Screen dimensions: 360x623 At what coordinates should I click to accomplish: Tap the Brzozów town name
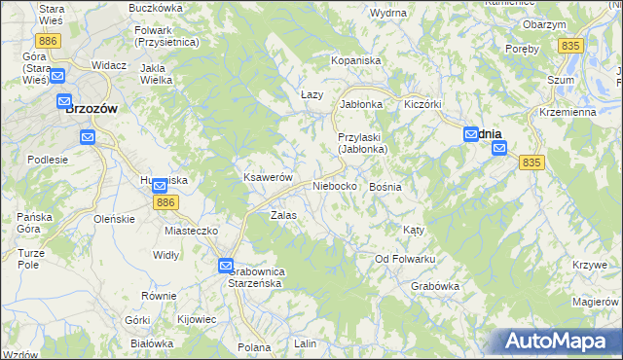tap(91, 110)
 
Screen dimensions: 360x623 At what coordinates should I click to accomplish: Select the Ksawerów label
tap(268, 178)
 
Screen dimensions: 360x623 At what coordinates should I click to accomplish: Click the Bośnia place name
tap(385, 185)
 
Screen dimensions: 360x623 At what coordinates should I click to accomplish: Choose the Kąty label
tap(414, 230)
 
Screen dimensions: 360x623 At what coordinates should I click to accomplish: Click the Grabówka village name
tap(434, 286)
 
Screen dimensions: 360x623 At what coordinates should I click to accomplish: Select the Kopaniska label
tap(355, 60)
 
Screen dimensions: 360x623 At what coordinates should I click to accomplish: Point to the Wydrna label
tap(388, 13)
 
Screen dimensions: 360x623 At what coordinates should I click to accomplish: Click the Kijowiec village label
tap(197, 318)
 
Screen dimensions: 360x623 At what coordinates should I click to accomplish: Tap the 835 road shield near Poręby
tap(570, 46)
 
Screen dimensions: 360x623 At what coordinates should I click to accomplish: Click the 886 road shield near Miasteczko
tap(165, 201)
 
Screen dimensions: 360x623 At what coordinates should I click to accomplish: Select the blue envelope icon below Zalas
tap(226, 265)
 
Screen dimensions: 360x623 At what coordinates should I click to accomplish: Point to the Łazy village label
tap(311, 93)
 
